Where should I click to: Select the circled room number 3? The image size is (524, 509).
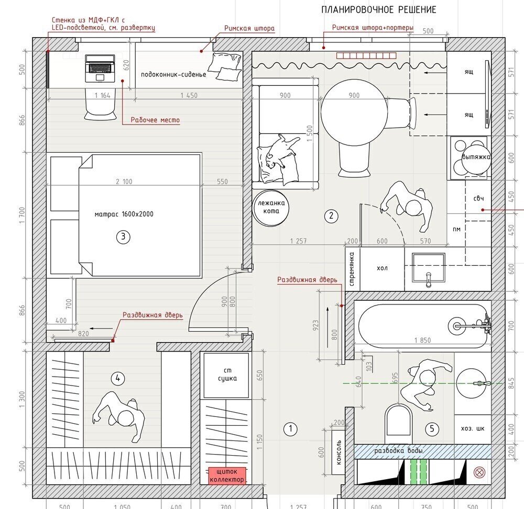coord(123,237)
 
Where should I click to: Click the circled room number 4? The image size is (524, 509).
coord(118,378)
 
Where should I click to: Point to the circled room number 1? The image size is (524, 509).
coord(290,429)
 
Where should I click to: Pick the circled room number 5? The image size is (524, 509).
coord(432,429)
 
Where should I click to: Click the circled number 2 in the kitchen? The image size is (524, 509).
coord(331,215)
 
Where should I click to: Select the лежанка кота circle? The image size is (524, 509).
coord(272,207)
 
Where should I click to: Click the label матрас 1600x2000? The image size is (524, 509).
coord(124,214)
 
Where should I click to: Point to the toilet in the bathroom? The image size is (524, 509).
coord(399,422)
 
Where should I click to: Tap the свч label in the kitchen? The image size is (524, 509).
coord(478,198)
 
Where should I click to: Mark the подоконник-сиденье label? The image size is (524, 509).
coord(173,74)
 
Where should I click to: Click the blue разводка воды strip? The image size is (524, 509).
coord(398,451)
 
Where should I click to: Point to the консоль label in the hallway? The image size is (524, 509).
coord(339,453)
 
